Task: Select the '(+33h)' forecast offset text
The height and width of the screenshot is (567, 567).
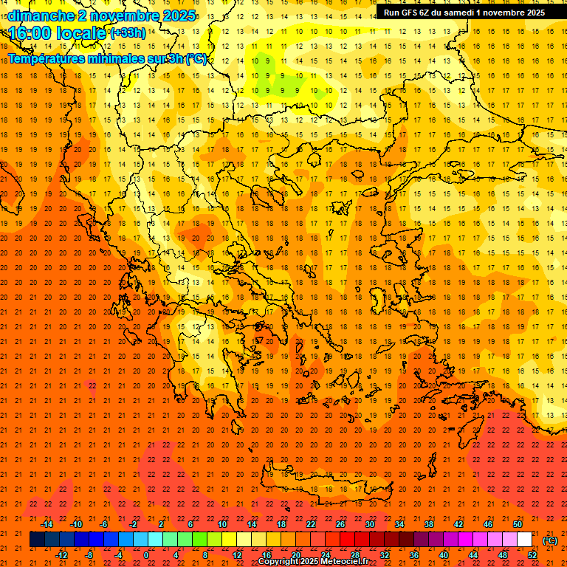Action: coord(128,33)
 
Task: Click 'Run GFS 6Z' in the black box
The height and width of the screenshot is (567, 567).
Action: coord(409,13)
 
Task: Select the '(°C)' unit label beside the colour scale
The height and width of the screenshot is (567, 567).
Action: coord(550,540)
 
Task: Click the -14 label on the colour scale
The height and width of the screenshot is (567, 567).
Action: coord(47,524)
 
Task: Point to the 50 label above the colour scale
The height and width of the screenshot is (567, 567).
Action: coord(518,524)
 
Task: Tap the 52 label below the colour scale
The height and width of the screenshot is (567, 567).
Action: coord(532,555)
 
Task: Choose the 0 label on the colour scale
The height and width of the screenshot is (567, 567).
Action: coord(147,555)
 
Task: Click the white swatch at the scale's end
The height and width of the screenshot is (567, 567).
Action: coord(525,540)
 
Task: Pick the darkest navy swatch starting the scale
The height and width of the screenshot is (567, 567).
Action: coord(37,540)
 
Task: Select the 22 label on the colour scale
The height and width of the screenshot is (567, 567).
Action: coord(311,524)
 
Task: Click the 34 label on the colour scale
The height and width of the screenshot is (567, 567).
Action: coord(399,524)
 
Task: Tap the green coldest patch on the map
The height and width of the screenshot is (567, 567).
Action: coord(266,70)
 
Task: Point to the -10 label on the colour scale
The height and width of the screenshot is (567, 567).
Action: coord(76,524)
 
